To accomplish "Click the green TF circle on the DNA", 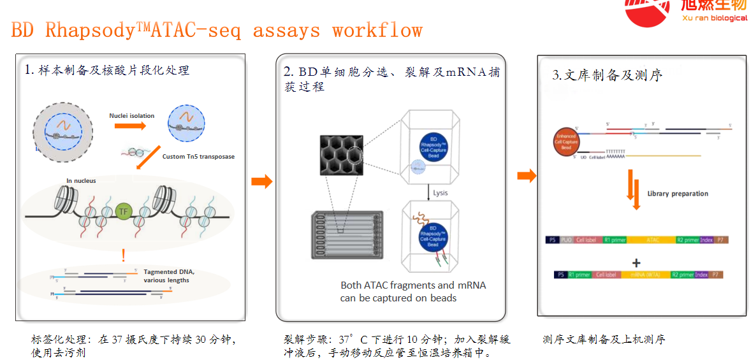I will click(124, 211).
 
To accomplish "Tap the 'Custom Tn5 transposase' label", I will click(198, 156).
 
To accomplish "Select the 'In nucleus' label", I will click(81, 181).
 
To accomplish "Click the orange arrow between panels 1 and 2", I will click(261, 182).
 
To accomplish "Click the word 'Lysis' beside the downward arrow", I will click(441, 192).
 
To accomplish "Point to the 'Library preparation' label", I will click(677, 194).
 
